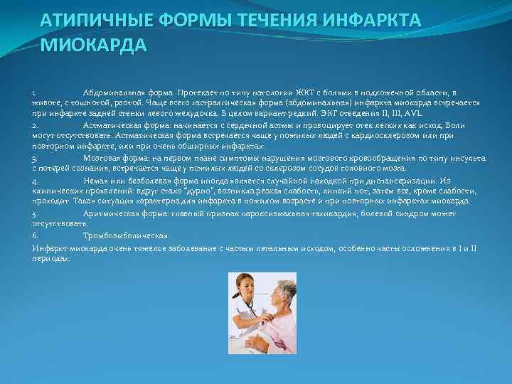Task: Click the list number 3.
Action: [35, 158]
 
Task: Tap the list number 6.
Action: [35, 235]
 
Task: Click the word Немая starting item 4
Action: [96, 181]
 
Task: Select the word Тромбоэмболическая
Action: [127, 235]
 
